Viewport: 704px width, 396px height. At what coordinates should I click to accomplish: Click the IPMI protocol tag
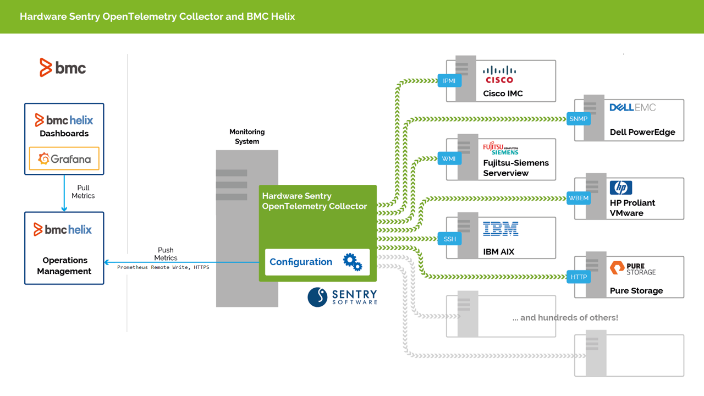tap(449, 81)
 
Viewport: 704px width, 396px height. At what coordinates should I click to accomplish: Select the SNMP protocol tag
tap(578, 119)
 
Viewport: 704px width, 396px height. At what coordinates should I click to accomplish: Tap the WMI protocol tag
tap(449, 159)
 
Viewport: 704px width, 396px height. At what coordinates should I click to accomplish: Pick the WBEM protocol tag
tap(578, 198)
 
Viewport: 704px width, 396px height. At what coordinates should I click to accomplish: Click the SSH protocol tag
tap(449, 239)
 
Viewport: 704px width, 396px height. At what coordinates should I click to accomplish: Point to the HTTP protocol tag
tap(578, 277)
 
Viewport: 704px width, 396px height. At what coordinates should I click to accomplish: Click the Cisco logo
tap(499, 75)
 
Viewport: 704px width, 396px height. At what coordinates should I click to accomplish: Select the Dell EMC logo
tap(632, 108)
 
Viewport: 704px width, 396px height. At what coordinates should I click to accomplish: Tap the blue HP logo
tap(621, 188)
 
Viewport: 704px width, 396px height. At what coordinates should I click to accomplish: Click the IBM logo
tap(501, 229)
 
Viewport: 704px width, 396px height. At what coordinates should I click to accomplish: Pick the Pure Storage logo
tap(632, 268)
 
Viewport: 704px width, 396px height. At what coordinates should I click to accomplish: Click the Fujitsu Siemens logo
tap(501, 148)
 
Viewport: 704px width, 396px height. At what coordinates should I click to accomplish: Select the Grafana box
tap(64, 159)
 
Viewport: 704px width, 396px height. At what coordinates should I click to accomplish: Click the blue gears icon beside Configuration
tap(353, 262)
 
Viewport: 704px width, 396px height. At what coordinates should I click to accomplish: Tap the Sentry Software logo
tap(342, 297)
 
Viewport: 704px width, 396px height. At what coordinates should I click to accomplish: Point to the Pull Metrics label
tap(83, 192)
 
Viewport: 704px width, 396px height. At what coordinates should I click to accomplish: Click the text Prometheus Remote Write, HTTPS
tap(163, 267)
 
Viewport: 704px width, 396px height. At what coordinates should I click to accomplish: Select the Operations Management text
tap(64, 266)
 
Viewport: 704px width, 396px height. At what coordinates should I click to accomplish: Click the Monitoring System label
tap(247, 136)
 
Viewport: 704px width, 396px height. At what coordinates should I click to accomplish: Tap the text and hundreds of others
tap(565, 317)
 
